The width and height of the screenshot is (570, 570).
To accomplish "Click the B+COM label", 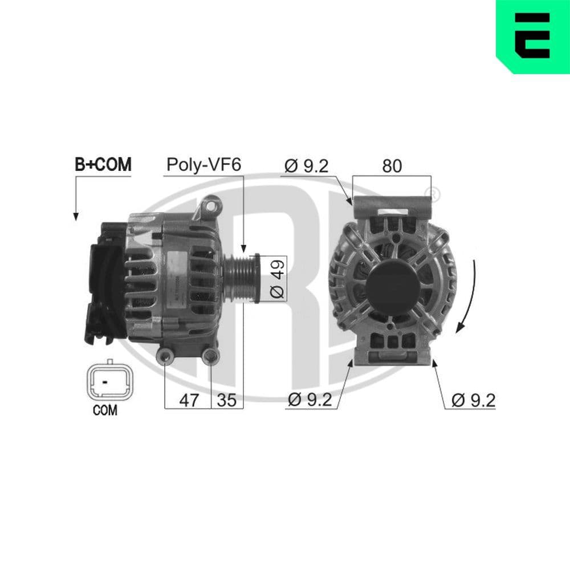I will pyautogui.click(x=103, y=165).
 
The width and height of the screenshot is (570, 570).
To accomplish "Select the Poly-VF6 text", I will pyautogui.click(x=203, y=165).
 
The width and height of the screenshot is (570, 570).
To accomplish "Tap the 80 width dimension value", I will pyautogui.click(x=392, y=166).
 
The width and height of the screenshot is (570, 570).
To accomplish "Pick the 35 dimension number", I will pyautogui.click(x=226, y=400).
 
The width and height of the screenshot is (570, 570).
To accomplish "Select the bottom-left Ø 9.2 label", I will pyautogui.click(x=310, y=400).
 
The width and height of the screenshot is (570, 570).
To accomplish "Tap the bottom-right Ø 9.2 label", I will pyautogui.click(x=473, y=400).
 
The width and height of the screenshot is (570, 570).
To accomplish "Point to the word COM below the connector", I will pyautogui.click(x=105, y=410).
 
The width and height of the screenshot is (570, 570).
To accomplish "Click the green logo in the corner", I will pyautogui.click(x=533, y=35).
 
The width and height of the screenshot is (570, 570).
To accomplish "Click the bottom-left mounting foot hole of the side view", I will pyautogui.click(x=165, y=357).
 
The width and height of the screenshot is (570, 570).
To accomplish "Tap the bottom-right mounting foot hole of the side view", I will pyautogui.click(x=211, y=357).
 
